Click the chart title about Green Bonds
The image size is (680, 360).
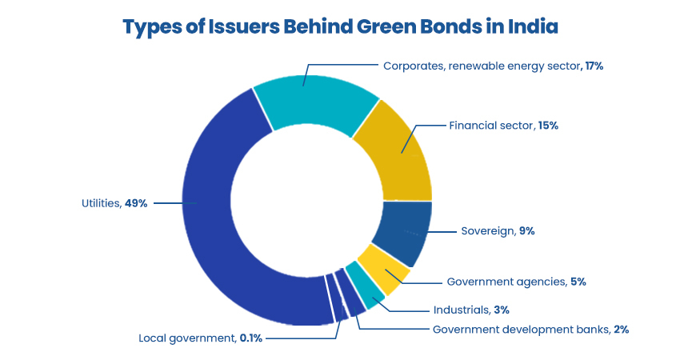tap(339, 26)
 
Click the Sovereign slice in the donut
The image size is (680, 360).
tap(405, 231)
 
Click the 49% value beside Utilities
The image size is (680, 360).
tap(136, 203)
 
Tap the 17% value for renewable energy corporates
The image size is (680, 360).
tap(594, 66)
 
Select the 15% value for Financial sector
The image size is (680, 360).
tap(547, 126)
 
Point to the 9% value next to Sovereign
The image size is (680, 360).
tap(526, 231)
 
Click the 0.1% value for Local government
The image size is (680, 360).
tap(250, 338)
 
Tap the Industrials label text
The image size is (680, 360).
tap(461, 310)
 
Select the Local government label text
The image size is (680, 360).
tap(187, 338)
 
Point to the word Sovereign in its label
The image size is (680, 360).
tap(487, 231)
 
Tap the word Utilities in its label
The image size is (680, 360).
tap(101, 203)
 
